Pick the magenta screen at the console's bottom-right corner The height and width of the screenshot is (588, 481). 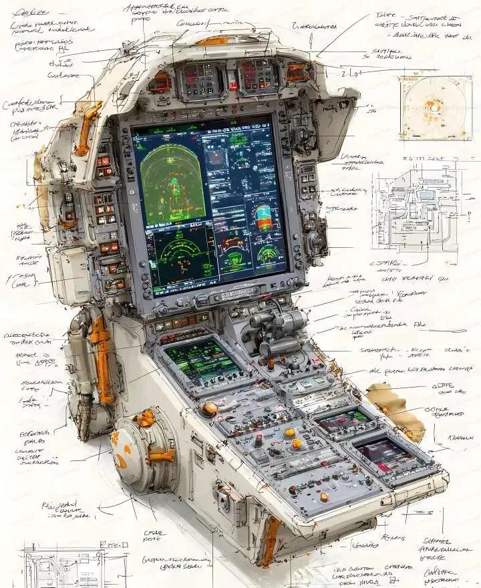[385, 456]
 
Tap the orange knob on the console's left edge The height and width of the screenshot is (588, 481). [210, 409]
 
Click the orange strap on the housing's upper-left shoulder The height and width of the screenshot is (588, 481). [86, 127]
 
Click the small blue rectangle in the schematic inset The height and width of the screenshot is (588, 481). [425, 196]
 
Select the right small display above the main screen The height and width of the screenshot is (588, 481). [257, 75]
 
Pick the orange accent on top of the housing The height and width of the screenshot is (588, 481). [212, 40]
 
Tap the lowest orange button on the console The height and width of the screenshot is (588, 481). [323, 496]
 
